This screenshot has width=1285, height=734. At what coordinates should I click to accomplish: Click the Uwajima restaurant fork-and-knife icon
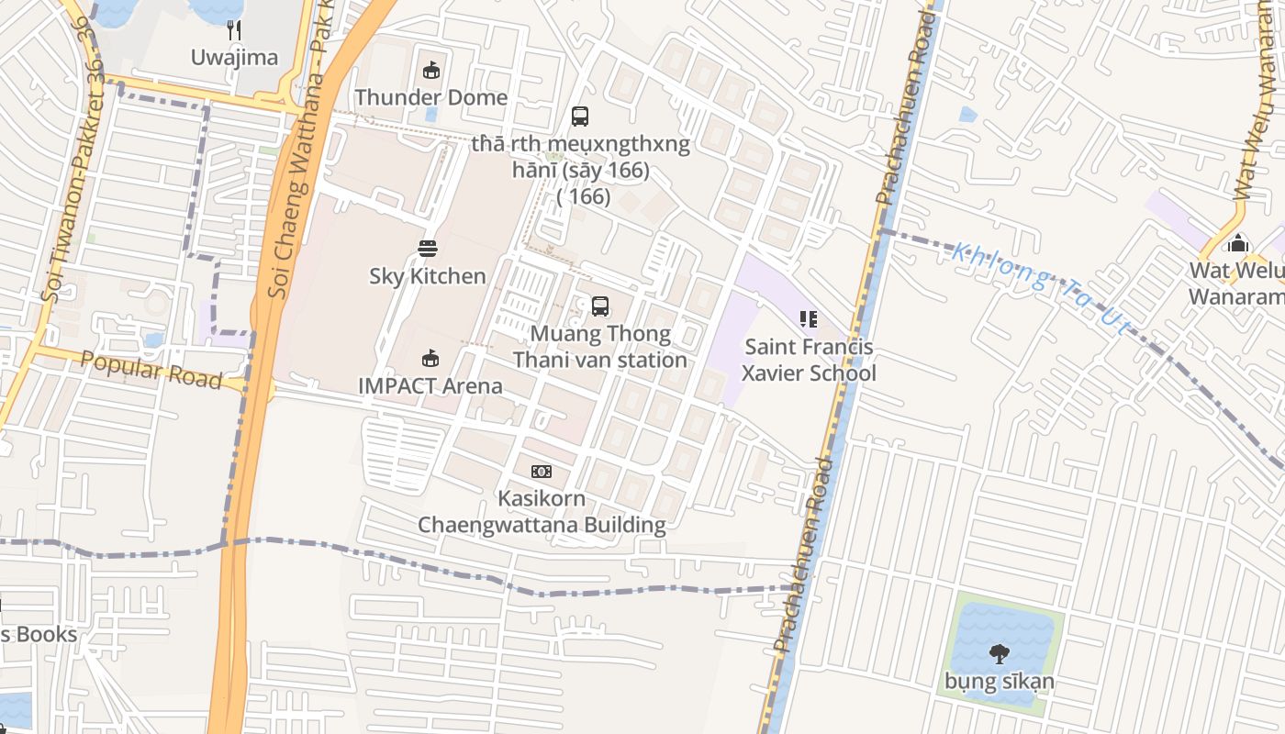click(x=234, y=31)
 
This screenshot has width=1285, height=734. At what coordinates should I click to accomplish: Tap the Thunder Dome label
click(x=431, y=97)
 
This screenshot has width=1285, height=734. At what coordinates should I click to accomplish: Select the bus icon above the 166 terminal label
click(x=580, y=117)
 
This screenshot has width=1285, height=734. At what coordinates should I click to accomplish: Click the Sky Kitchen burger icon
click(x=428, y=248)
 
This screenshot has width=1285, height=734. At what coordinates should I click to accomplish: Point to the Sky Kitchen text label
click(x=428, y=276)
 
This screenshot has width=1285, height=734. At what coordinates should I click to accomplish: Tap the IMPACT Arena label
click(x=430, y=385)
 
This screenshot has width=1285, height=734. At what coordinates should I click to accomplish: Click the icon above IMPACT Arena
click(x=430, y=358)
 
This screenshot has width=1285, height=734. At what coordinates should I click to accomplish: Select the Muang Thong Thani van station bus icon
click(x=600, y=306)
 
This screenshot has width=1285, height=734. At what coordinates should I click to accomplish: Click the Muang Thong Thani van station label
click(x=600, y=347)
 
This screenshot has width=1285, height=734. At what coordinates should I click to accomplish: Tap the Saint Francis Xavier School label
click(x=809, y=361)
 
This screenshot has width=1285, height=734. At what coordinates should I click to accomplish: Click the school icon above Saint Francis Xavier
click(x=809, y=319)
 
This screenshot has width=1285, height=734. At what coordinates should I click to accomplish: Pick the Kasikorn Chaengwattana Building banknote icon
click(x=542, y=472)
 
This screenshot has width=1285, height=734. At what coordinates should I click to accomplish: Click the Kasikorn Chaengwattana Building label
click(x=542, y=512)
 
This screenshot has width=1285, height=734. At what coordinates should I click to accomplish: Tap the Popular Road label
click(x=151, y=369)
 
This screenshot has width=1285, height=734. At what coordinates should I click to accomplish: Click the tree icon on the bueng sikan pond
click(x=1000, y=654)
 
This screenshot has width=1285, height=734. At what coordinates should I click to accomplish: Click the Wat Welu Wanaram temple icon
click(x=1238, y=244)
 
